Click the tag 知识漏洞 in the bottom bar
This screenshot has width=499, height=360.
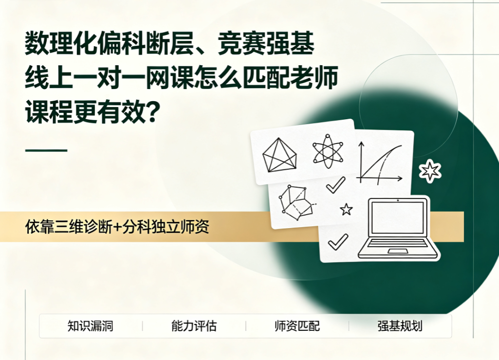[91, 326]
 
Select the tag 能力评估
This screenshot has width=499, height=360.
[194, 326]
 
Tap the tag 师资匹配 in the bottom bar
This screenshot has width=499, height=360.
[297, 326]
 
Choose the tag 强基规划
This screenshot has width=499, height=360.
[400, 326]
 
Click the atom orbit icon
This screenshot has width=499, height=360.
[328, 151]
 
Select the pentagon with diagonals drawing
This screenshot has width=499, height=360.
[279, 155]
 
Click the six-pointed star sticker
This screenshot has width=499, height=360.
[430, 171]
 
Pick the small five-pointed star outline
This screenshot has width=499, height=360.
[346, 209]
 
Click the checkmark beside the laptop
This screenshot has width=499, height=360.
[338, 242]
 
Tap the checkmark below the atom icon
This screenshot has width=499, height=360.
[336, 185]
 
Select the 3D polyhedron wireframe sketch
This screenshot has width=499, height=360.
[296, 202]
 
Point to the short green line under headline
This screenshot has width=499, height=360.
[46, 150]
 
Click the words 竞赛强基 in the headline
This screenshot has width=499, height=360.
[266, 44]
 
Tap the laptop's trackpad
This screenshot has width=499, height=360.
[398, 251]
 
